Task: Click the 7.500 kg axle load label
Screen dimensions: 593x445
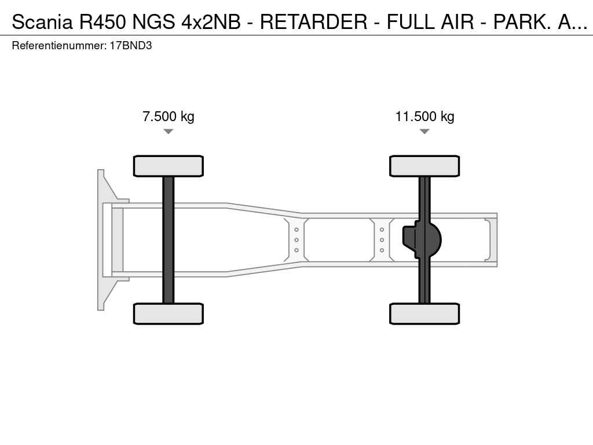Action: point(169,116)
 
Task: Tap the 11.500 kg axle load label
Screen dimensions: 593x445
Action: point(424,116)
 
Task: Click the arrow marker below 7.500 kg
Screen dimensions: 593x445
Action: point(169,132)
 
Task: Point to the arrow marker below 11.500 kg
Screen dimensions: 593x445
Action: point(424,132)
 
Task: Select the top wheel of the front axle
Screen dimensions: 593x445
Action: point(169,166)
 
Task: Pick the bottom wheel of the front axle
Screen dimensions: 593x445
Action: point(169,313)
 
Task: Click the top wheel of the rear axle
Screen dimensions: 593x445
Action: point(424,166)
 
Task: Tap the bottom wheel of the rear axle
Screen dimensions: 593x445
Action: point(424,313)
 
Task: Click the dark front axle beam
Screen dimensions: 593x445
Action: point(169,240)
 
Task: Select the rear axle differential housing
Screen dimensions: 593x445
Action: point(422,240)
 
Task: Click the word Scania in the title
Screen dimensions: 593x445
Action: point(42,21)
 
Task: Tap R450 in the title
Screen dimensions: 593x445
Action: point(103,21)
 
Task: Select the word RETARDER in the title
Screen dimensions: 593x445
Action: point(313,21)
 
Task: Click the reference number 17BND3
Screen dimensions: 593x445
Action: point(131,46)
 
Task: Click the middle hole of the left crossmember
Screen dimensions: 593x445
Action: point(296,240)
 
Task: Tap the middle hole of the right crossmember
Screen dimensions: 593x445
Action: point(382,240)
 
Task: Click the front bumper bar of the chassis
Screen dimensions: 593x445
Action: point(101,240)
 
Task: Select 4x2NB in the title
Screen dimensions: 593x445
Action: point(211,21)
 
